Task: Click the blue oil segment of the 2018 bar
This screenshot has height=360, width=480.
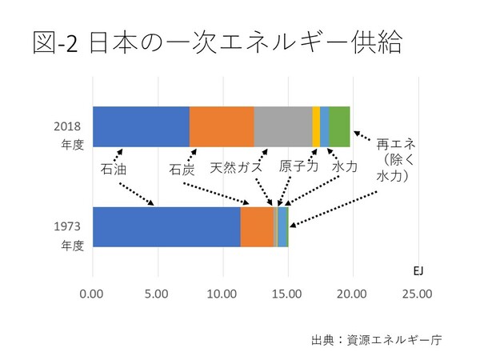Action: [x=141, y=126]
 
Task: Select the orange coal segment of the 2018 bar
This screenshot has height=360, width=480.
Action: [x=222, y=126]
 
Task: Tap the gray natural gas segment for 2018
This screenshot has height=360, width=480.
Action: [x=282, y=126]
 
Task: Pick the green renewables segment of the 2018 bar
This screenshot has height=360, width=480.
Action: [x=339, y=126]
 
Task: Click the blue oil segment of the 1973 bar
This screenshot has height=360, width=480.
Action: [x=166, y=226]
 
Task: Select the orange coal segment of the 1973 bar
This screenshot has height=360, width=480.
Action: [x=257, y=226]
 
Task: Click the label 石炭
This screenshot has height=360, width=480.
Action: [x=182, y=169]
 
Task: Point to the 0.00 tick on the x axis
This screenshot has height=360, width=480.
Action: [x=93, y=294]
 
